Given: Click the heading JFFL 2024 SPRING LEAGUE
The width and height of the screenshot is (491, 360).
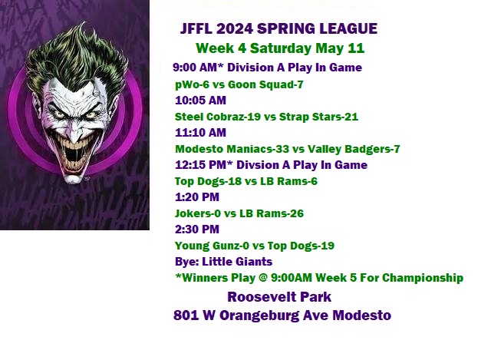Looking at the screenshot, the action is tap(278, 29).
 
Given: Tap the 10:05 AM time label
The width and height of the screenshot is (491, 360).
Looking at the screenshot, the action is tap(200, 101).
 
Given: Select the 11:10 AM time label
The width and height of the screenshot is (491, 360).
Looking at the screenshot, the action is tap(200, 133).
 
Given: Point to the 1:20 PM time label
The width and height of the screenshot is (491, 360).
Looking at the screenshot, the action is tap(197, 197).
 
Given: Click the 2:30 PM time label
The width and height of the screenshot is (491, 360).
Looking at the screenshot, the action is tap(197, 230).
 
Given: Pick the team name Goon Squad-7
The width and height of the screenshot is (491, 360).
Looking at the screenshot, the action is tap(265, 84).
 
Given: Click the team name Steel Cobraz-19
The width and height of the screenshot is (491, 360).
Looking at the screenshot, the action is tap(218, 117).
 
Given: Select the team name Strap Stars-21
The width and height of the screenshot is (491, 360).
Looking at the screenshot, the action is tap(318, 117).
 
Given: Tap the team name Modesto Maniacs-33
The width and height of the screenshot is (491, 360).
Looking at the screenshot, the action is tap(232, 149).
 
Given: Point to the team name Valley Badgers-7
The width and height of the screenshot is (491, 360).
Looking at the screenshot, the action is tap(354, 149).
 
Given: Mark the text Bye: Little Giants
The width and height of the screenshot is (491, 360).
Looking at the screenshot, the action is tap(223, 262).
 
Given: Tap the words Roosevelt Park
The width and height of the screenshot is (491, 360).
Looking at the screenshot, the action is tap(279, 297).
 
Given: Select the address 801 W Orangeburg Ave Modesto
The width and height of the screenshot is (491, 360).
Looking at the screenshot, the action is tap(282, 315).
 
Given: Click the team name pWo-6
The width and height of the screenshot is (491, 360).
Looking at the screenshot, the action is tap(192, 84).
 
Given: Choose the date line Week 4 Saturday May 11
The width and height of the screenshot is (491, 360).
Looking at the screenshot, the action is tap(280, 48).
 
